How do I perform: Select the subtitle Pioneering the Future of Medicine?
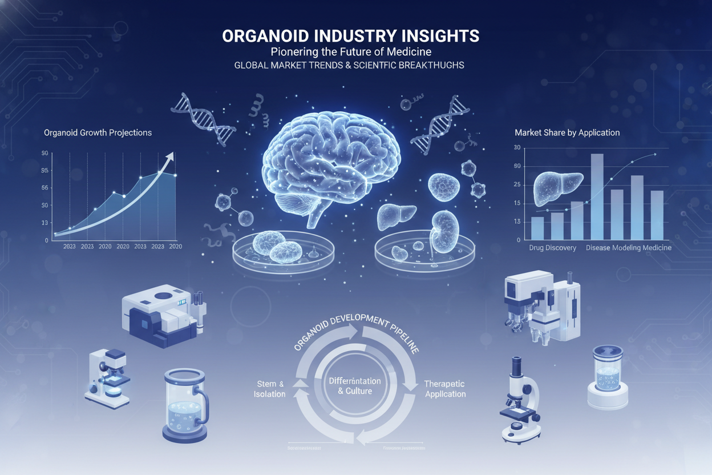click(350, 52)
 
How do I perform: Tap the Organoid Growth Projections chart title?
click(98, 132)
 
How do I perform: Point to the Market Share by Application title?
click(567, 132)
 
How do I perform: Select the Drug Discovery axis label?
click(552, 248)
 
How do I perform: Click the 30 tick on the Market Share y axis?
click(517, 148)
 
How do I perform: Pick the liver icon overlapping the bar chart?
click(557, 188)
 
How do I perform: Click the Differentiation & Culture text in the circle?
click(354, 386)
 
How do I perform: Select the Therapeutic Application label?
click(445, 389)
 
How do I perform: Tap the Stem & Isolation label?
click(270, 389)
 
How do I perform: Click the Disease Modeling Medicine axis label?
click(628, 248)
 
